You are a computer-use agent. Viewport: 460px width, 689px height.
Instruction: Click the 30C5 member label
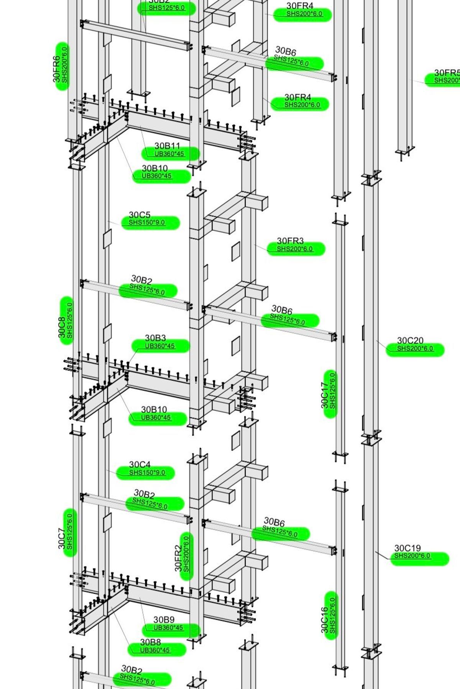140,215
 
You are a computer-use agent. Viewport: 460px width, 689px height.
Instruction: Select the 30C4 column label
140,465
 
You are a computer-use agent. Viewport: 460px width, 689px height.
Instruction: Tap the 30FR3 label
290,241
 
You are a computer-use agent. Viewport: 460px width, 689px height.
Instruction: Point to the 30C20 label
410,340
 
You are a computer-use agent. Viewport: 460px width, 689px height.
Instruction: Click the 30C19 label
407,548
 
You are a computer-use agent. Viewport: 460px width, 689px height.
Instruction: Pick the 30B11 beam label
167,146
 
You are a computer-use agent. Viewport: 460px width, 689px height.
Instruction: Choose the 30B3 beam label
155,338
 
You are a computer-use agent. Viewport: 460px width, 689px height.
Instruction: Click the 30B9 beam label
164,620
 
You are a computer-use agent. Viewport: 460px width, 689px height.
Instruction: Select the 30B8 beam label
150,642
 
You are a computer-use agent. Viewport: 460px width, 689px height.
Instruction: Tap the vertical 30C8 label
62,328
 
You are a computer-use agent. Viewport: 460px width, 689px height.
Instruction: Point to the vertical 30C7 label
62,538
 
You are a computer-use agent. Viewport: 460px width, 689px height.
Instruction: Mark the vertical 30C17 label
325,395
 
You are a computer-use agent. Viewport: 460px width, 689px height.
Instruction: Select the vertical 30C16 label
325,620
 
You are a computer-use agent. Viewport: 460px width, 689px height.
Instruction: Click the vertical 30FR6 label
56,69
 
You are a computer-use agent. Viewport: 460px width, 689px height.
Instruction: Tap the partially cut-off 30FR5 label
447,73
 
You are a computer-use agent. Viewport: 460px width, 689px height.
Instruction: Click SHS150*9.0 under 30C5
147,223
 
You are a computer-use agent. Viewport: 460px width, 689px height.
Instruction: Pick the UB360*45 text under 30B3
160,346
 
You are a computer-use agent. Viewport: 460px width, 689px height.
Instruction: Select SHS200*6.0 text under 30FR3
295,249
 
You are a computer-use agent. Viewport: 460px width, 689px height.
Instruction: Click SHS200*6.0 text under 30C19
412,556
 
